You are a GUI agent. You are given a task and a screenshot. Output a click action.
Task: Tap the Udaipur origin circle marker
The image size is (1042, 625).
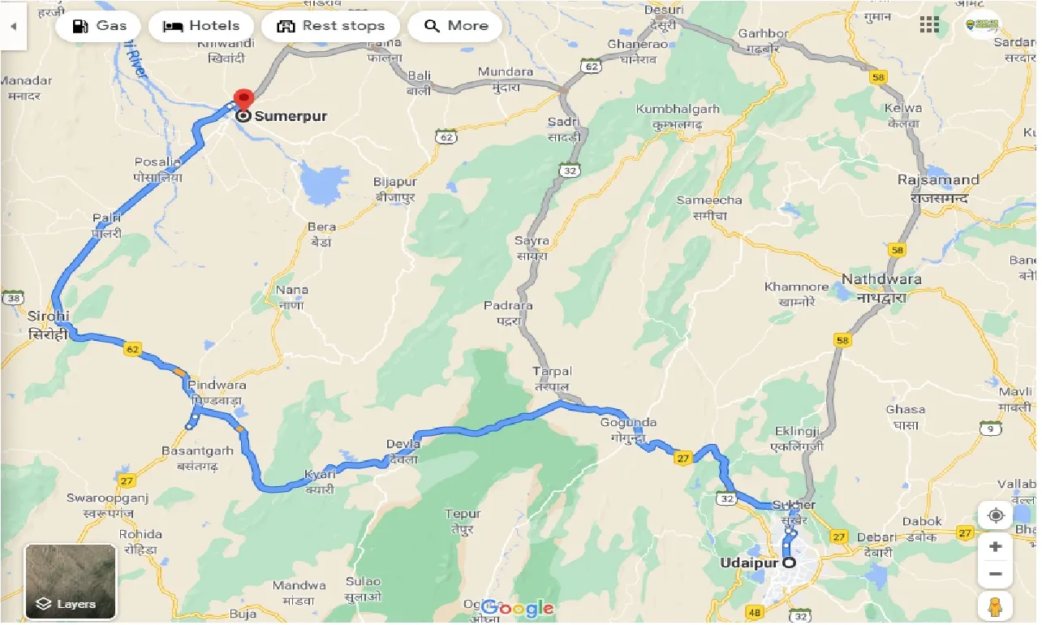[x=789, y=562]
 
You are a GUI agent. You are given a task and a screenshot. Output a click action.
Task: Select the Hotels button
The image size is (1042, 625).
[x=201, y=26]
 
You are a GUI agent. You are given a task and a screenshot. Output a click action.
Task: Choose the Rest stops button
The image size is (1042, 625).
[x=330, y=26]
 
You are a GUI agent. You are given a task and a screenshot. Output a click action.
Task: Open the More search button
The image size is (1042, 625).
[x=455, y=26]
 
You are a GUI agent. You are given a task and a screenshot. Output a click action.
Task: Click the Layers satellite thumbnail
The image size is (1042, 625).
[x=71, y=581]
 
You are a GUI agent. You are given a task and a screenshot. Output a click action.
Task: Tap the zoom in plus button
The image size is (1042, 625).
[x=995, y=546]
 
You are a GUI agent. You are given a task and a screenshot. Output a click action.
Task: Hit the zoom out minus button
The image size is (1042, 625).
[x=995, y=575]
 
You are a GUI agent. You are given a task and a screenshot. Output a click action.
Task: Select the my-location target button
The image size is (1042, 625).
[x=995, y=515]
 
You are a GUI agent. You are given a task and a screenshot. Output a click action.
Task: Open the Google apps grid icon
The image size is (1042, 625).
[x=929, y=25]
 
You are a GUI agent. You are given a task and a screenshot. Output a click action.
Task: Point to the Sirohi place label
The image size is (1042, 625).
[x=49, y=316]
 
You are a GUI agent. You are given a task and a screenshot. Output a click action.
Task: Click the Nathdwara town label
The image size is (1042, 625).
[x=881, y=279]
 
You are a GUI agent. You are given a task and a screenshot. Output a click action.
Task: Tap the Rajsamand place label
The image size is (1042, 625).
[x=938, y=180]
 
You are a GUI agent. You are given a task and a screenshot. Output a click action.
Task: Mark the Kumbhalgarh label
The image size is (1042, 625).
[x=678, y=110]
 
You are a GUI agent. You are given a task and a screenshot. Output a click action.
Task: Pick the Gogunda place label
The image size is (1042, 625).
[x=628, y=423]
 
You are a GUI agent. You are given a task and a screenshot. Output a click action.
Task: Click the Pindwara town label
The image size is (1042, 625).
[x=217, y=385]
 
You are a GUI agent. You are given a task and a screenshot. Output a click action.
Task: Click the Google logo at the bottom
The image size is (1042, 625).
[x=518, y=608]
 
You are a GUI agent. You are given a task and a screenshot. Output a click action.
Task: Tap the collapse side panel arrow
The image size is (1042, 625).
[x=13, y=26]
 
